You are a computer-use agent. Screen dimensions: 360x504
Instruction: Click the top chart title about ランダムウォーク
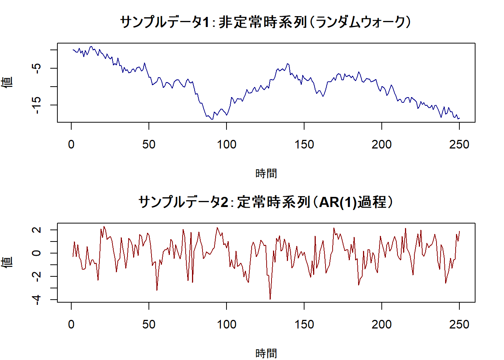[265, 22]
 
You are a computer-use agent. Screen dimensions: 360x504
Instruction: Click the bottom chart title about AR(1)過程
[265, 202]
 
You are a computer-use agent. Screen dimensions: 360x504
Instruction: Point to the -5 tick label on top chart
[36, 68]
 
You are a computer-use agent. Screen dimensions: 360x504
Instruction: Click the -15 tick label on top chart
[36, 105]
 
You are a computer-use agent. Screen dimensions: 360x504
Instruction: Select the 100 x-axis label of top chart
[226, 144]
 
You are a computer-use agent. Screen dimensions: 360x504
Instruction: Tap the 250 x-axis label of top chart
[459, 144]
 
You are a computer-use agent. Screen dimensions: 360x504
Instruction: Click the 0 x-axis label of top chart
[71, 144]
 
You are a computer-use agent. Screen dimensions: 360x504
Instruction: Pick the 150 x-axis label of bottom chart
[304, 324]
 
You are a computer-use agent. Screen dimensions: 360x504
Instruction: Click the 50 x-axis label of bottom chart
[149, 324]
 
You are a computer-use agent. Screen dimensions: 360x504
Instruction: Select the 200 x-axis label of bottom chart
[381, 324]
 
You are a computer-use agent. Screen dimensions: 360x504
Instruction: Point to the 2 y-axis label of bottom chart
[36, 230]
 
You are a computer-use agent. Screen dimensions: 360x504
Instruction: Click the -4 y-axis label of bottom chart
[36, 299]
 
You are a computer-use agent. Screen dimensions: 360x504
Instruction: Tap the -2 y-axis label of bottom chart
[36, 276]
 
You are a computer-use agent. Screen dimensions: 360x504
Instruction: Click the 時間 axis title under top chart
[266, 173]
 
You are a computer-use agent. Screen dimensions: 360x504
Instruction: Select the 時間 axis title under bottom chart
[266, 353]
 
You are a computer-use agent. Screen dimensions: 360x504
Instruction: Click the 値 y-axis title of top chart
[7, 82]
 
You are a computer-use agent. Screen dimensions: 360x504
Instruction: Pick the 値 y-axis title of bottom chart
[7, 262]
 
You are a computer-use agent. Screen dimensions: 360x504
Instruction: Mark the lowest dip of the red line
[270, 299]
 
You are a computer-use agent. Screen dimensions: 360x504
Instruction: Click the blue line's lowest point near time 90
[212, 119]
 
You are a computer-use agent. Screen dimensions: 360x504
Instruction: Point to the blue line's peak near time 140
[288, 64]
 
